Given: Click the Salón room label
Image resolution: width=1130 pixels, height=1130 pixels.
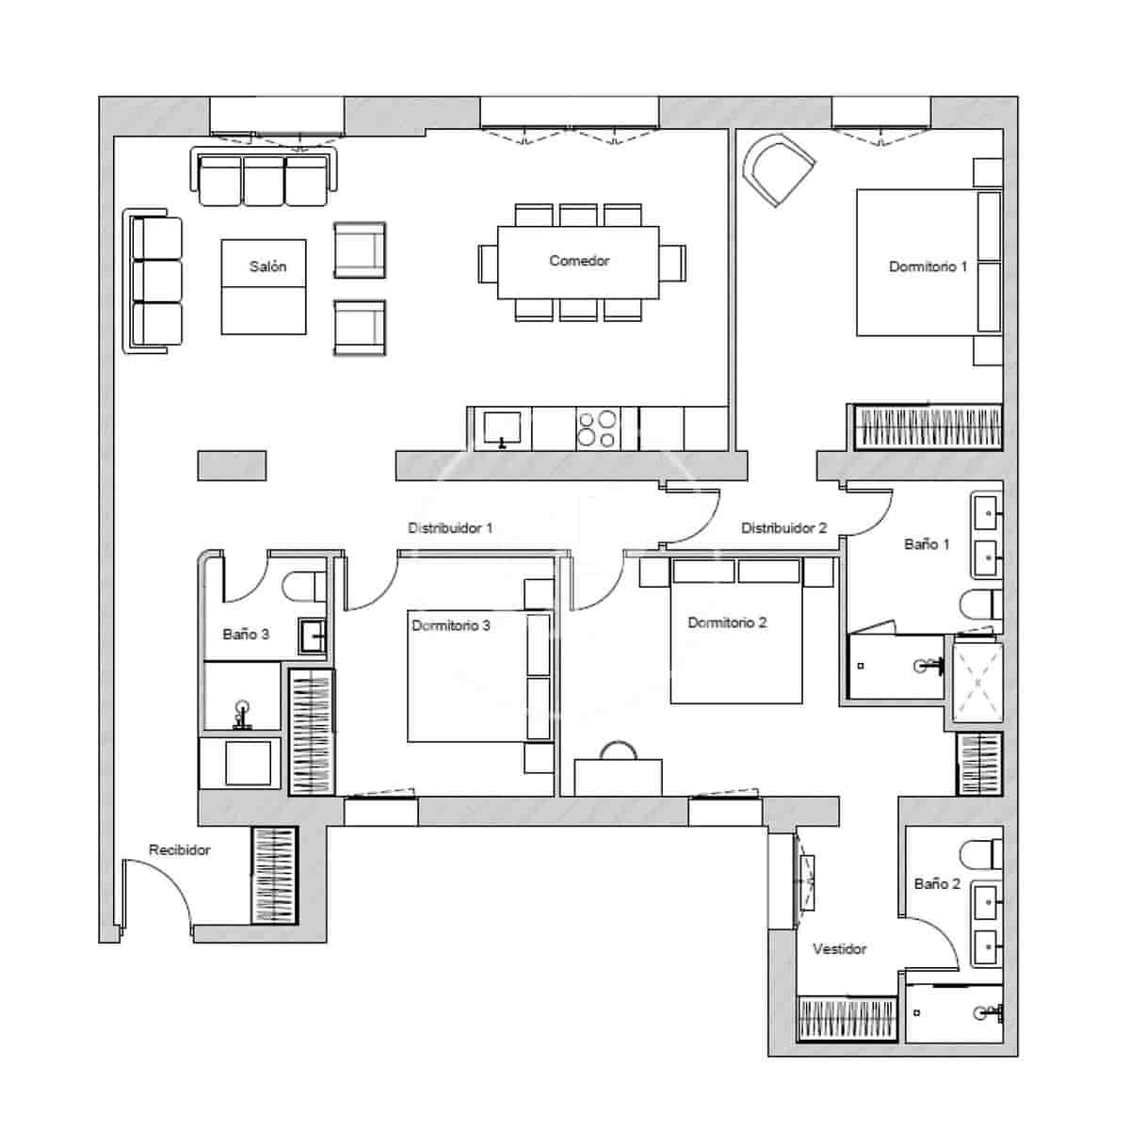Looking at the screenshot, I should (x=267, y=266).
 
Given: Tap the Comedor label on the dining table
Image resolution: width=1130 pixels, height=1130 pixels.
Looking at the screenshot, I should (x=579, y=261).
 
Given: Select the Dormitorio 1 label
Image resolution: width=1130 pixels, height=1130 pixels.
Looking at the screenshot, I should (x=928, y=266).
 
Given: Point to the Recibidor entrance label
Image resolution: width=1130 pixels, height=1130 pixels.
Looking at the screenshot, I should (x=179, y=849).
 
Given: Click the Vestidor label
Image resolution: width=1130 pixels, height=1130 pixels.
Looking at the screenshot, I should (x=839, y=948).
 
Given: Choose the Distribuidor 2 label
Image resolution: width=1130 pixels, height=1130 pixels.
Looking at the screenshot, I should (x=783, y=527).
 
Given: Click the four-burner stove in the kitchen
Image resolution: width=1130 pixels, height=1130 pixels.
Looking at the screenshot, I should (x=597, y=428).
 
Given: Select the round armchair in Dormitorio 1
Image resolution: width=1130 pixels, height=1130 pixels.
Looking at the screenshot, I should (x=778, y=168).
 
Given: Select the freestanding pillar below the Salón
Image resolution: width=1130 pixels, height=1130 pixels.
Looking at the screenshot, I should (x=232, y=465).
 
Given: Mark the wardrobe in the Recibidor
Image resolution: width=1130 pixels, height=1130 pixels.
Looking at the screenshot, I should (x=274, y=875).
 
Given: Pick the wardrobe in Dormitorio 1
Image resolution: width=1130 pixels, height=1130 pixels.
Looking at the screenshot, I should (x=927, y=428).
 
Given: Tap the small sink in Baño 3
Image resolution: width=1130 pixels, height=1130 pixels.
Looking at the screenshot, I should (x=313, y=636).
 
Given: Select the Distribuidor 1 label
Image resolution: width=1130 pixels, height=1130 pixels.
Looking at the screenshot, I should (x=449, y=527).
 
